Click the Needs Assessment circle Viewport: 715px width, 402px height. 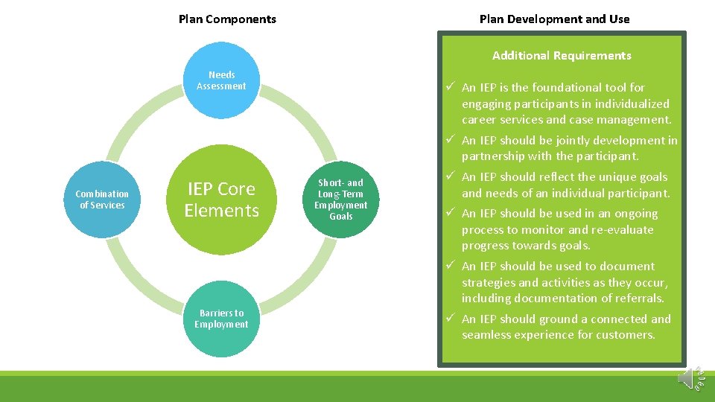pyautogui.click(x=221, y=80)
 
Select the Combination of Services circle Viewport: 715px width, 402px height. pyautogui.click(x=102, y=200)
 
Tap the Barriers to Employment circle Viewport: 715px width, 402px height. pyautogui.click(x=221, y=319)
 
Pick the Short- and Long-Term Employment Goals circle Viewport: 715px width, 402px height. pyautogui.click(x=341, y=200)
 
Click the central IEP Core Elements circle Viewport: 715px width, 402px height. pyautogui.click(x=221, y=200)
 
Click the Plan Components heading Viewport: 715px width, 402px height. pyautogui.click(x=227, y=19)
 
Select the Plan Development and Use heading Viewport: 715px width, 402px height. pyautogui.click(x=554, y=19)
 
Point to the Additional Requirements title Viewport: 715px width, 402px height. pyautogui.click(x=562, y=56)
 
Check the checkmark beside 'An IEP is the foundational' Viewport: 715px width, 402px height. pyautogui.click(x=450, y=88)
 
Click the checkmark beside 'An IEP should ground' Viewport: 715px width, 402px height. pyautogui.click(x=450, y=319)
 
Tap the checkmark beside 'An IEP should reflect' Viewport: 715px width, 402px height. pyautogui.click(x=450, y=177)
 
